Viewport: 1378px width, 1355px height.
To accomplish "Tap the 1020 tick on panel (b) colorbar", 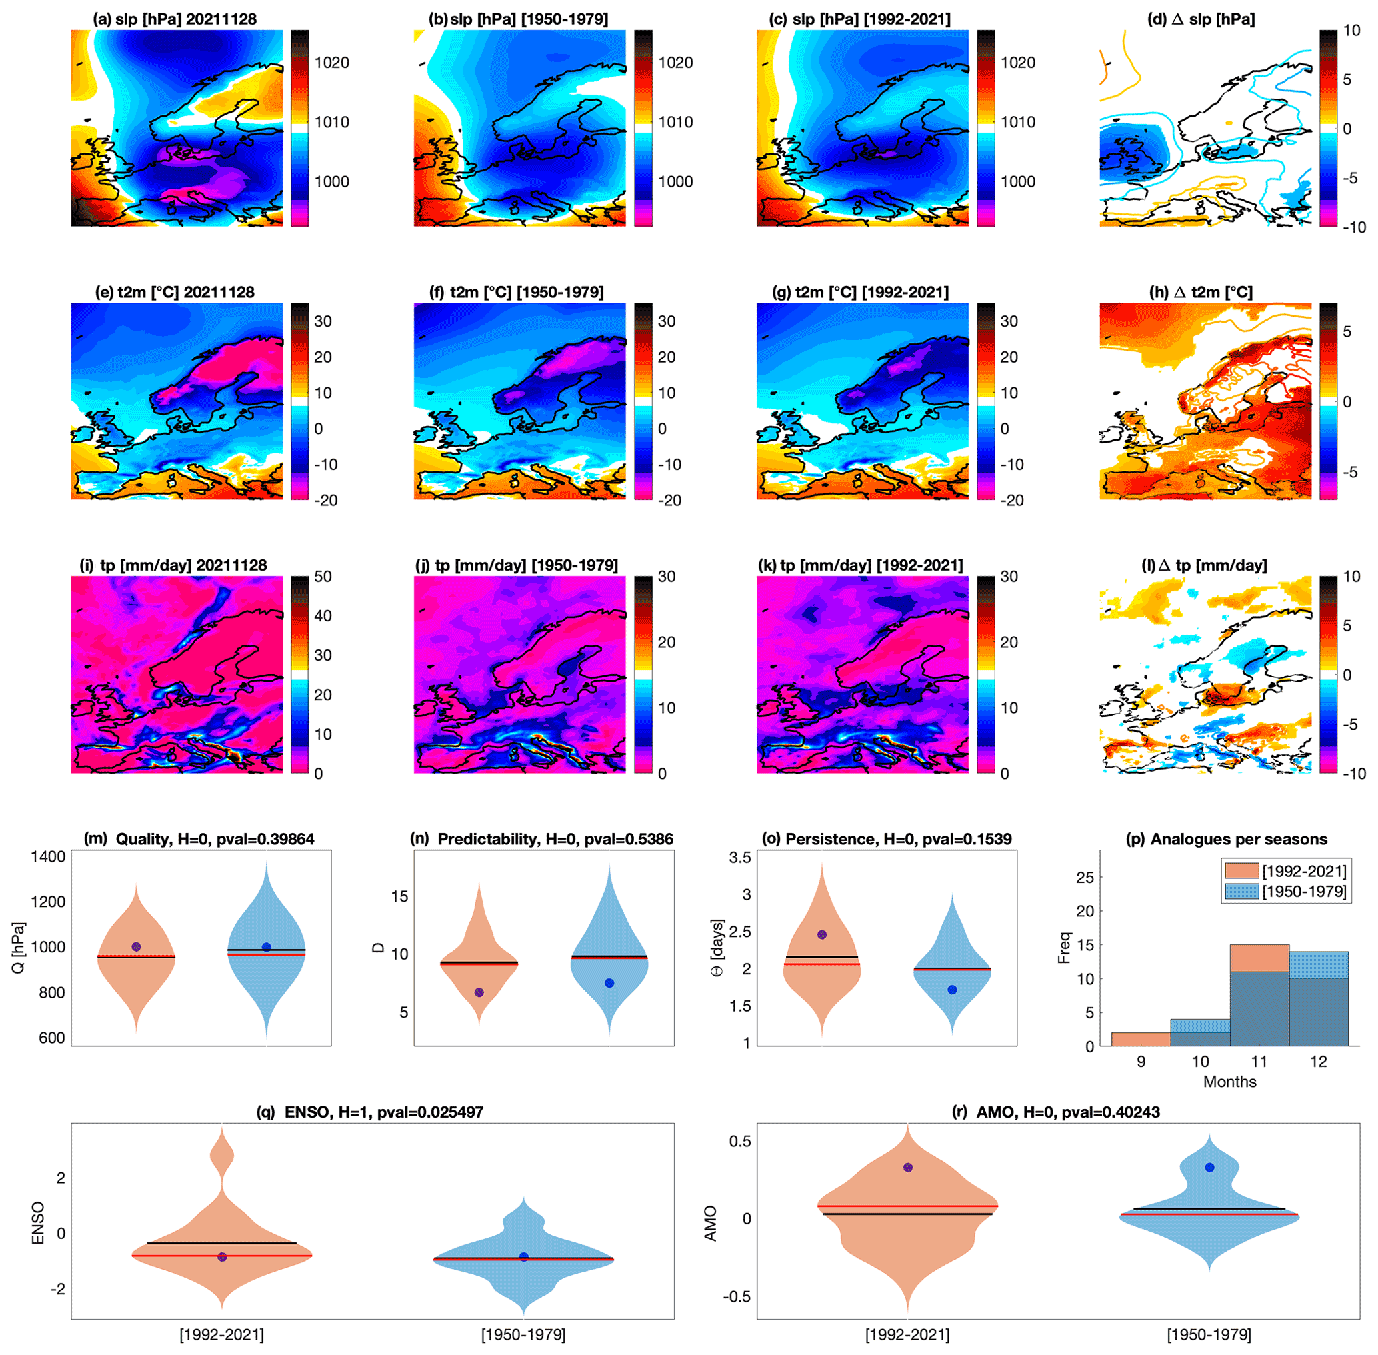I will coord(675,63).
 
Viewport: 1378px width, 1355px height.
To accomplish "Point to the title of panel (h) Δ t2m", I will coord(1201,293).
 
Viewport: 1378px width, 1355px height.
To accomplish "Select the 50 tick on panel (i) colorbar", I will coord(323,576).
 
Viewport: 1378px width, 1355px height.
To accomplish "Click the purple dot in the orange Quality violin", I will coord(137,946).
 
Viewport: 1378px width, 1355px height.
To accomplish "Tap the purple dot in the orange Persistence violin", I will coord(822,934).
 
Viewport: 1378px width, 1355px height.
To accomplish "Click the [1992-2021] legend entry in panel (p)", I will coord(1304,871).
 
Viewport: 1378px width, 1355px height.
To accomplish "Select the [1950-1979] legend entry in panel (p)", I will coord(1304,891).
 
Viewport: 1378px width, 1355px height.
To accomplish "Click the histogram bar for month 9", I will coord(1141,1038).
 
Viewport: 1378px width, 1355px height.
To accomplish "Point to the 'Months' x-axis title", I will coord(1229,1082).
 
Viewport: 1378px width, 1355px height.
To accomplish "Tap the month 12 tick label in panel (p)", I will coord(1318,1061).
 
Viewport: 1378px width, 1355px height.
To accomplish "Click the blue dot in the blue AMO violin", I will coord(1209,1167).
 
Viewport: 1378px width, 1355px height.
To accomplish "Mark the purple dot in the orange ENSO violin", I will coord(222,1257).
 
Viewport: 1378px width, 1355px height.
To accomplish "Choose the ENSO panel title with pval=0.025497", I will coord(370,1112).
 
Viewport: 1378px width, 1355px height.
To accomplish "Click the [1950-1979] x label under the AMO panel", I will coord(1209,1334).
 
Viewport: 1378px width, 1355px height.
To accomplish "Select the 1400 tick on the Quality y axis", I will coord(47,856).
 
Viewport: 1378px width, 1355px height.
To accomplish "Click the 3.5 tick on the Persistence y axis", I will coord(740,857).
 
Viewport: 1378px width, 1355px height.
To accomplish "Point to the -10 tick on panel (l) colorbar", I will coord(1352,774).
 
